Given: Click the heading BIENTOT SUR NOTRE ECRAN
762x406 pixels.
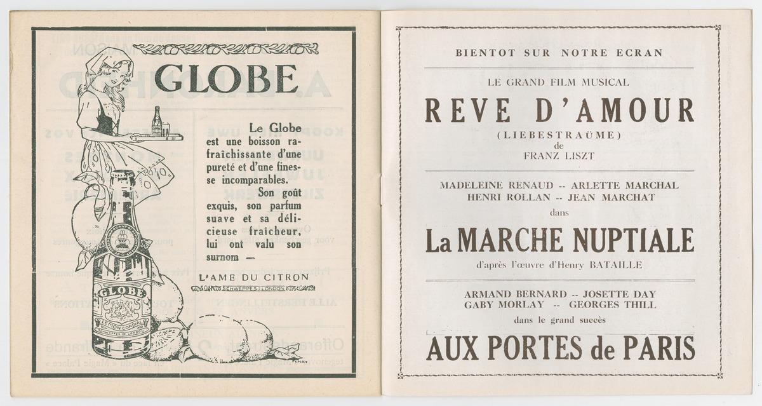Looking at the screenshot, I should [559, 53].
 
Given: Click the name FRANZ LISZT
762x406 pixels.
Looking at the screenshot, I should [559, 156].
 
